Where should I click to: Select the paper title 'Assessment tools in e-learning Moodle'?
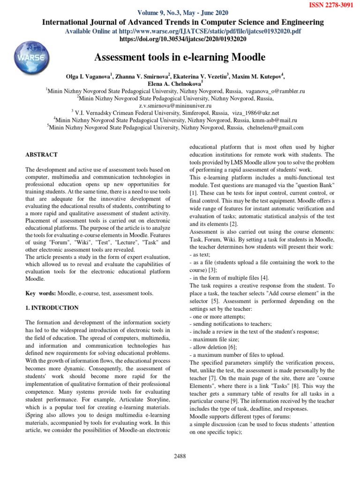pos(180,57)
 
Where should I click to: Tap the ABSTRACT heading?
pos(41,154)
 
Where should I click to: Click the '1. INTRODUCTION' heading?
pos(52,308)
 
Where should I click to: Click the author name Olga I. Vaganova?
pos(90,76)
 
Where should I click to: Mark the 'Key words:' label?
pos(40,293)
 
